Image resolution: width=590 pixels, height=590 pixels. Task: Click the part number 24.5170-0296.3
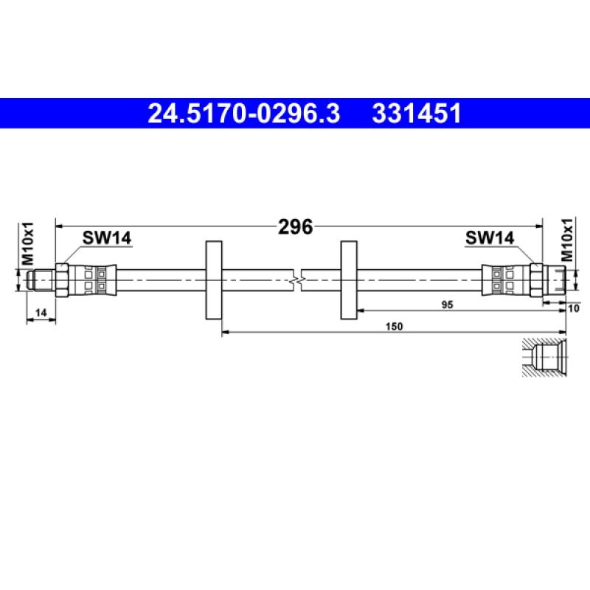[x=244, y=114]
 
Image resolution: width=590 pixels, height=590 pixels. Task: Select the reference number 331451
[x=417, y=114]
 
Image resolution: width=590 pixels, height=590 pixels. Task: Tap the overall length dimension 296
[x=295, y=226]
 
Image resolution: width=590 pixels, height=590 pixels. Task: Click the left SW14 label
[x=106, y=237]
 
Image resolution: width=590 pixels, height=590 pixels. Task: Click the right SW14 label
[x=489, y=237]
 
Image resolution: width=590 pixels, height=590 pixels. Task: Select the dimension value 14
[x=41, y=313]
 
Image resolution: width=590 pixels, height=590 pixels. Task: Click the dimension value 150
[x=395, y=327]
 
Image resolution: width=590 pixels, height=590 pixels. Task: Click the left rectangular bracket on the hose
[x=212, y=280]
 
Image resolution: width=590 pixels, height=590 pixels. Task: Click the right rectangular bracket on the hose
[x=350, y=280]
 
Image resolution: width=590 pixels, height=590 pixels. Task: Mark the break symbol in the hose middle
[x=296, y=280]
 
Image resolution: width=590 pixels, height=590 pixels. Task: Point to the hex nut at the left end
[x=62, y=280]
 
